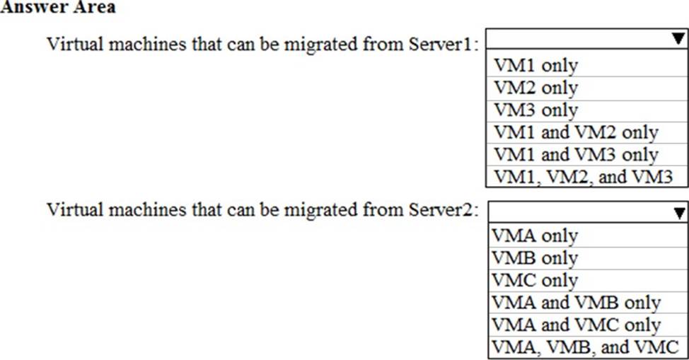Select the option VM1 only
(x=535, y=66)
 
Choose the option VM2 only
(x=535, y=88)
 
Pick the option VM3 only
(x=535, y=110)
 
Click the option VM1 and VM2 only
(x=576, y=132)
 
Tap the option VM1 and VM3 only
(x=576, y=155)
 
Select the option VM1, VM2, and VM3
(x=583, y=177)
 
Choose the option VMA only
(x=535, y=236)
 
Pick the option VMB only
(x=535, y=258)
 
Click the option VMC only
(x=535, y=281)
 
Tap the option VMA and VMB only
(x=576, y=303)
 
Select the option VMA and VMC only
(x=576, y=325)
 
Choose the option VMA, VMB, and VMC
(x=585, y=347)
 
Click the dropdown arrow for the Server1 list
(x=678, y=39)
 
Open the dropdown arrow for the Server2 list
(x=679, y=213)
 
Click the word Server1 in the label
(x=440, y=45)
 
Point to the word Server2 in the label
(x=441, y=209)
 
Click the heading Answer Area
(x=58, y=7)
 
